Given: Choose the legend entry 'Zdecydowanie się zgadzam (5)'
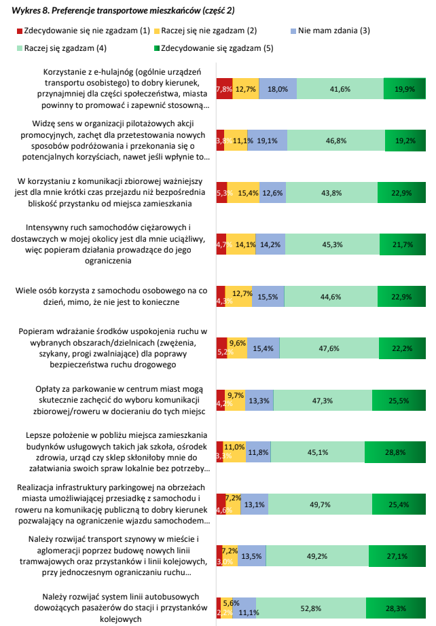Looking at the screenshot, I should tap(217, 48).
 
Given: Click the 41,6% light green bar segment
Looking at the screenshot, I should tap(340, 89).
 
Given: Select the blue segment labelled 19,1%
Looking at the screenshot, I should tap(267, 141).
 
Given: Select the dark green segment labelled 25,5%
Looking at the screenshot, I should tap(398, 401).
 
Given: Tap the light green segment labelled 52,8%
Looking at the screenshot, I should tap(311, 608).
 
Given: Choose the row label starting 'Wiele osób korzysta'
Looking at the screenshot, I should tap(111, 297).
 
